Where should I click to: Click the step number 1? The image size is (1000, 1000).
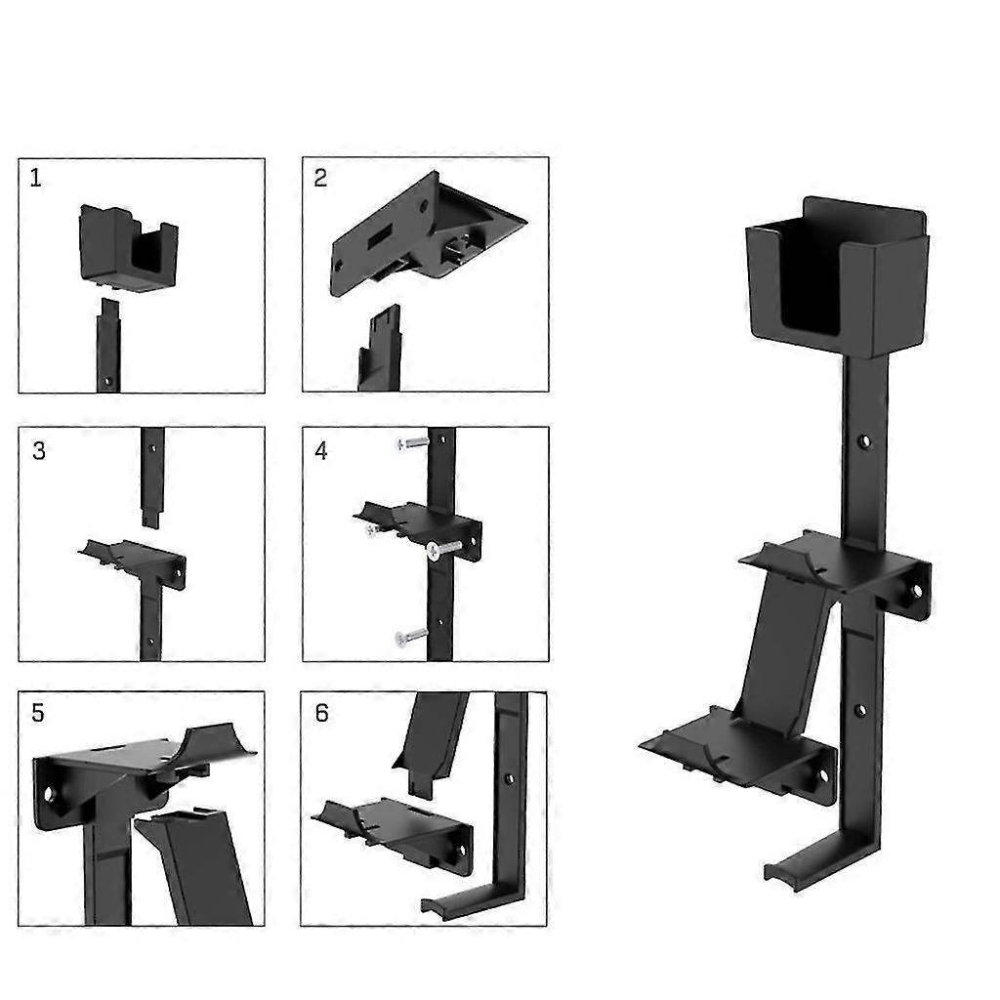click(36, 178)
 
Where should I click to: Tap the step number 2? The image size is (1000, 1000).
click(320, 178)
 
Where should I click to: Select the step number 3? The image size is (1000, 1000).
click(39, 451)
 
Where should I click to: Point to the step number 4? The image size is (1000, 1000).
click(320, 451)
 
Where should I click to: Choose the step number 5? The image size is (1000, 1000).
click(38, 713)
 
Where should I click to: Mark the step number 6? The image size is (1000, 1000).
click(321, 713)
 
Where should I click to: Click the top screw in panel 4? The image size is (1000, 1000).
click(413, 442)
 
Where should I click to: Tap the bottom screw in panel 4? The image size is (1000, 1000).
click(411, 636)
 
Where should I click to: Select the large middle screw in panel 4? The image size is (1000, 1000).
click(444, 549)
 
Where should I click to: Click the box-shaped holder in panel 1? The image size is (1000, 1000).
click(128, 247)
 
